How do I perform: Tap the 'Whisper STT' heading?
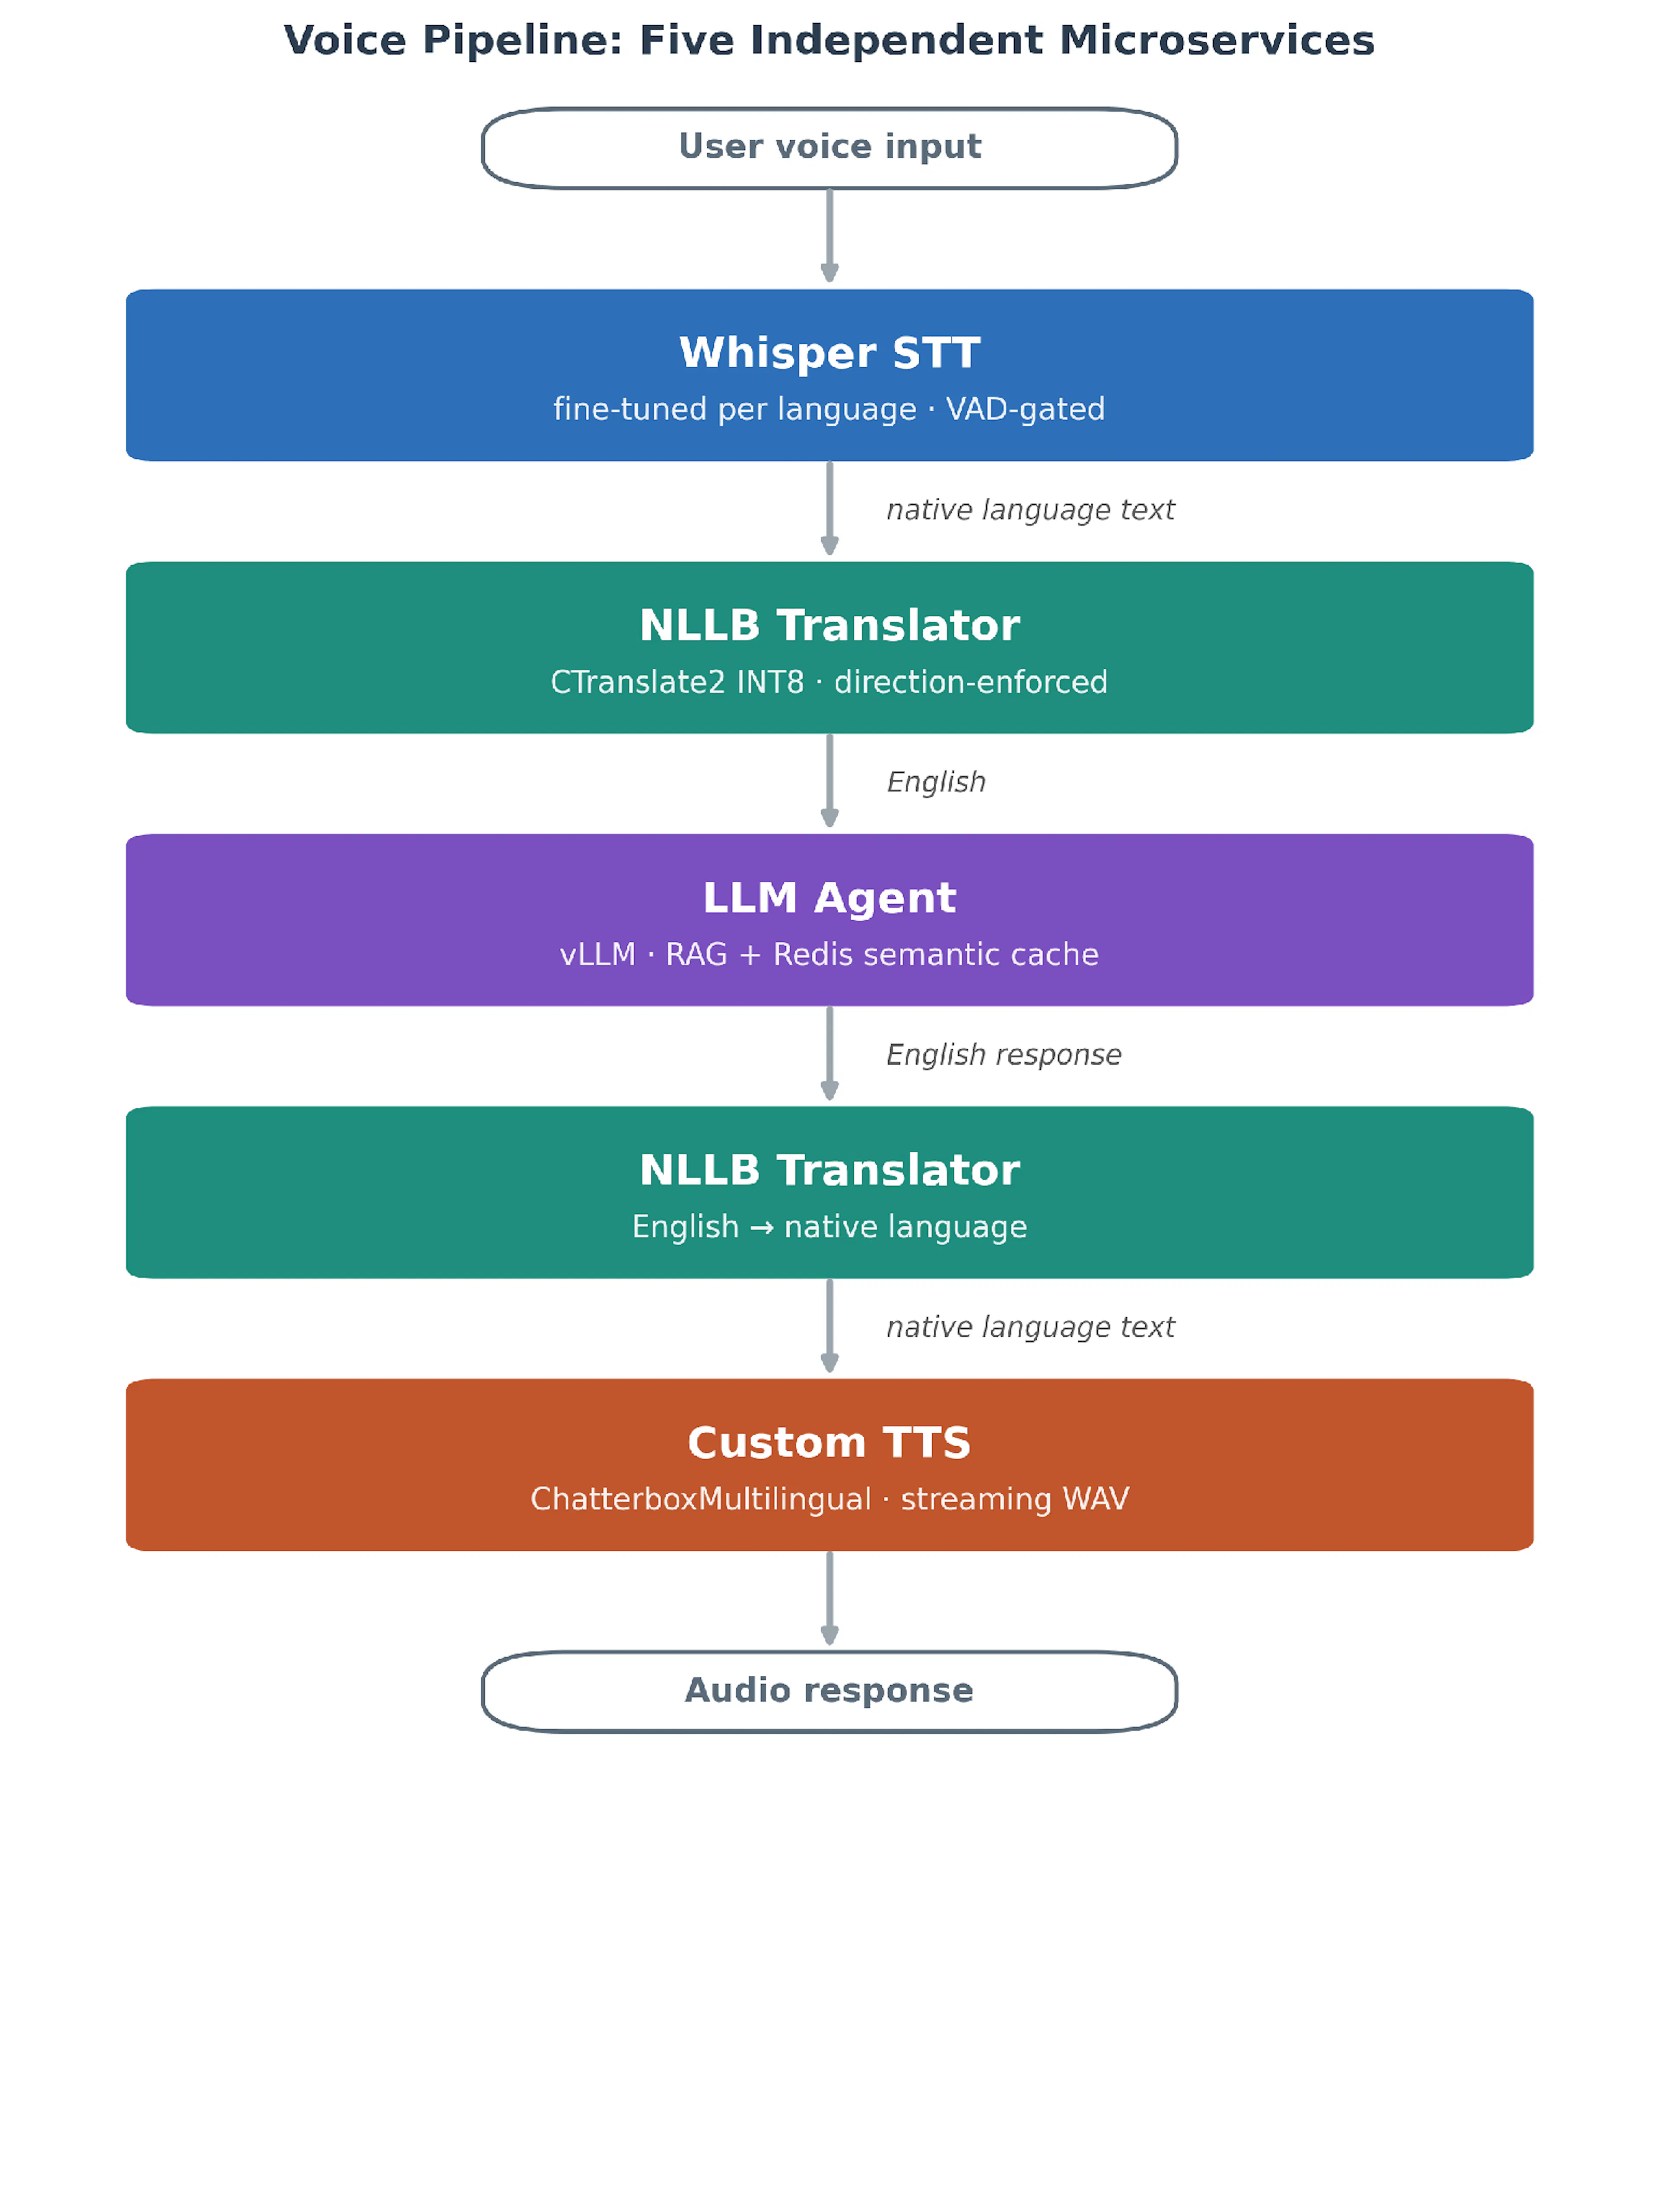(x=829, y=353)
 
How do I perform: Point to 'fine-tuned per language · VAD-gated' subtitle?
(x=829, y=409)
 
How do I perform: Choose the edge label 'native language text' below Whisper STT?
(x=1030, y=509)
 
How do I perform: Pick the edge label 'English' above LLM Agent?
(x=935, y=782)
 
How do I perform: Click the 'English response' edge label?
(x=1003, y=1055)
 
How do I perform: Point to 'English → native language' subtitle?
(x=829, y=1227)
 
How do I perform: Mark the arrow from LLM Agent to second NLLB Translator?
(x=829, y=1053)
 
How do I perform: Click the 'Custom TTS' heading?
(x=829, y=1443)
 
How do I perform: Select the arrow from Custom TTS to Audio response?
(x=829, y=1598)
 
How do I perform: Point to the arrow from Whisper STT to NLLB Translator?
(x=829, y=508)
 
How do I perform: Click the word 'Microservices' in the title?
(x=1216, y=41)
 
